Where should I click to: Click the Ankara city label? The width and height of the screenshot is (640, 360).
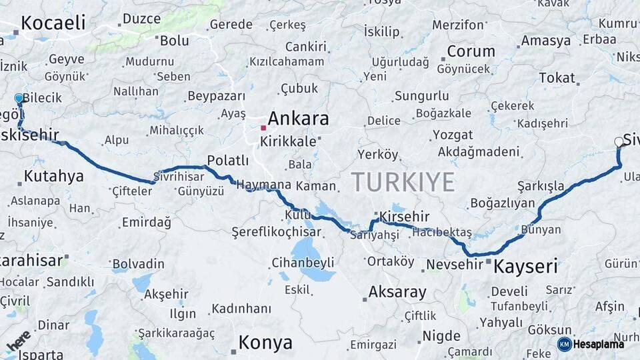click(x=298, y=119)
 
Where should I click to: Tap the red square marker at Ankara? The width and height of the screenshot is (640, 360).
click(x=264, y=127)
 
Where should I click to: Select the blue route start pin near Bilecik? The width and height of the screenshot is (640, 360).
click(x=19, y=99)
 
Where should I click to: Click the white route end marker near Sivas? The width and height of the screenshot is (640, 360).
click(x=619, y=141)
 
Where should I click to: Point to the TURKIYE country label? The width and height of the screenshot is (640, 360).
click(x=403, y=181)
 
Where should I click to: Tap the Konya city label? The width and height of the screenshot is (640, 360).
click(x=265, y=343)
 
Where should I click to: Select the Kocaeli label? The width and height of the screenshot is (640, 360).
click(x=53, y=23)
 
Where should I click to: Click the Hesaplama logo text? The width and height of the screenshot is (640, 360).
click(x=599, y=344)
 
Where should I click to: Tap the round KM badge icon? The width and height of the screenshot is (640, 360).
click(x=565, y=344)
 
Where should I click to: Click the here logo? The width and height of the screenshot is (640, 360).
click(x=19, y=341)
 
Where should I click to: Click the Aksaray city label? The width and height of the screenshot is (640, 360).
click(x=397, y=292)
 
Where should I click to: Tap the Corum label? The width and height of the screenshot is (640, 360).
click(x=471, y=51)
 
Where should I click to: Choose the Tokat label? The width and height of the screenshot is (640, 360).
click(x=557, y=77)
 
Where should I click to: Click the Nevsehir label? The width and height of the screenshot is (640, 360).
click(x=454, y=264)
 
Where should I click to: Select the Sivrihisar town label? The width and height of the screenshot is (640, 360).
click(x=179, y=177)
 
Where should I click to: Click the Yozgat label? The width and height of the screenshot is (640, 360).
click(x=453, y=135)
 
